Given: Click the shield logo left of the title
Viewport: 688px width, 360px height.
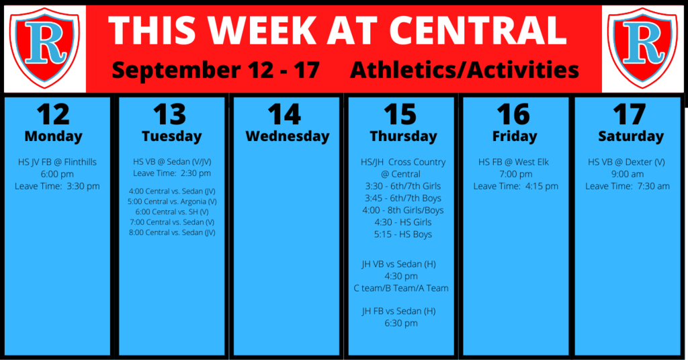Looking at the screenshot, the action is tap(44, 48).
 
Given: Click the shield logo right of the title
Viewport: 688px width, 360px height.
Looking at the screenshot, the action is tap(642, 48).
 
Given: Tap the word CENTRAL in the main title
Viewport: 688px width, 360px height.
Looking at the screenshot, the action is tap(478, 30).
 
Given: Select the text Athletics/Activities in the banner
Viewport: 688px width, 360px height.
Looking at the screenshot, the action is tap(464, 70).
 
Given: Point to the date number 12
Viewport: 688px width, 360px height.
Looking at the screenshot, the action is tap(53, 114).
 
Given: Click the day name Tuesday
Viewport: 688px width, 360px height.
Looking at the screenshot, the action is tap(171, 136).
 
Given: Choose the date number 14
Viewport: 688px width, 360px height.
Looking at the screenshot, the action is tap(284, 114).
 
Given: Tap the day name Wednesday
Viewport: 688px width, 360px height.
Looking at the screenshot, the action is tap(288, 136).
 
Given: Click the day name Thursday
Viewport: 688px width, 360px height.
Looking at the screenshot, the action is tap(403, 136).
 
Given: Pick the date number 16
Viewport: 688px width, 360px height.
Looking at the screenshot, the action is tap(513, 114).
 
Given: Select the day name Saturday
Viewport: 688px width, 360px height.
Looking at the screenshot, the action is tap(631, 136).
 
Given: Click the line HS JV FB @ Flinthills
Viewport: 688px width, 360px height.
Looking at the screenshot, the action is tap(57, 162).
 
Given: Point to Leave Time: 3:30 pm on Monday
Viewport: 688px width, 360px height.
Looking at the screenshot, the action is tap(57, 186).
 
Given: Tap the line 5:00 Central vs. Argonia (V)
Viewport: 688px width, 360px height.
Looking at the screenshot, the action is tap(172, 201).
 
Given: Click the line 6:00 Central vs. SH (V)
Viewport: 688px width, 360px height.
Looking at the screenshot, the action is tap(172, 212).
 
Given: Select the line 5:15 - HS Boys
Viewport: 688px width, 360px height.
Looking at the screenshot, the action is tap(403, 234).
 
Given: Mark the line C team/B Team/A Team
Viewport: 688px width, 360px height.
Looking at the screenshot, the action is tap(401, 288).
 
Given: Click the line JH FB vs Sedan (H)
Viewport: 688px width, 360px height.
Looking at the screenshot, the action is tap(399, 311).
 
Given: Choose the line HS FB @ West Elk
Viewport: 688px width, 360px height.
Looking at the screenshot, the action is tap(513, 162).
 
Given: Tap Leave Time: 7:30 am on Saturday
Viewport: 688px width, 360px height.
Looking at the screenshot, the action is tap(628, 186).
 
